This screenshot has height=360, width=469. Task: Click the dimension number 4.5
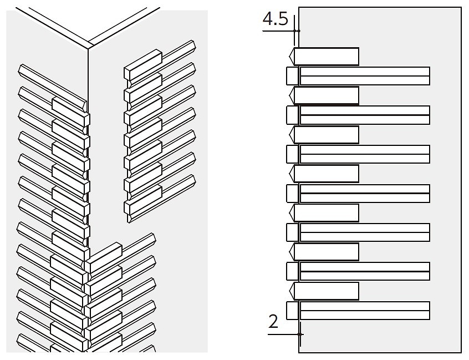tap(275, 19)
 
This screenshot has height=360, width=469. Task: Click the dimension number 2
tap(273, 321)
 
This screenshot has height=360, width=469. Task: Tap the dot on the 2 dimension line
tap(299, 334)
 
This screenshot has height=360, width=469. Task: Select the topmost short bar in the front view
tap(324, 56)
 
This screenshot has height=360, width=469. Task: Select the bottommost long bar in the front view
tap(358, 311)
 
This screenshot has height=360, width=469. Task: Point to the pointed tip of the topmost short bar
tap(289, 56)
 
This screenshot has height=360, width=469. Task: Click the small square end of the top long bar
tap(292, 76)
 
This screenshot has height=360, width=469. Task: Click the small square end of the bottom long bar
tap(292, 311)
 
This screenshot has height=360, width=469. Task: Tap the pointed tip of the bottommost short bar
tap(289, 291)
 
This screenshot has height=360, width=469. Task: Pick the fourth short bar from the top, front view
tap(324, 174)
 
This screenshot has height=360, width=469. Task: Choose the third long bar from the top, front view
tap(358, 154)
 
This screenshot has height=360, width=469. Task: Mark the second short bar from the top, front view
tap(324, 95)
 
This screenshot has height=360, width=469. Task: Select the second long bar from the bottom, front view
tap(358, 271)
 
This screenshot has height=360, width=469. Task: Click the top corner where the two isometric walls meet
tap(88, 48)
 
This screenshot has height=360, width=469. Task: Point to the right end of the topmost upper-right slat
tap(195, 45)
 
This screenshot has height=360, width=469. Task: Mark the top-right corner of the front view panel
tap(461, 7)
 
